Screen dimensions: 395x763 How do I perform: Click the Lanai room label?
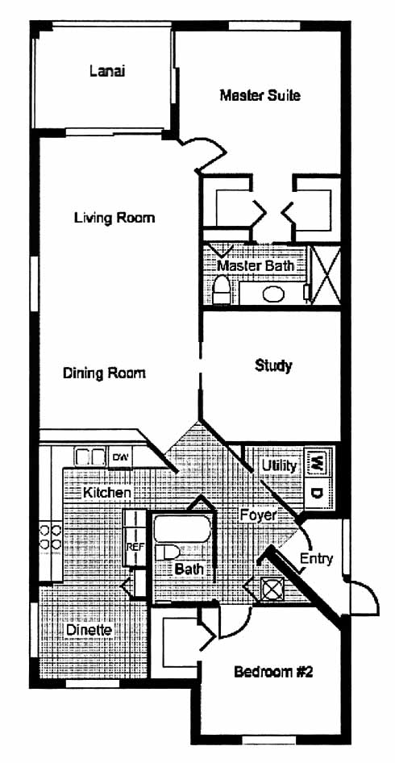[107, 71]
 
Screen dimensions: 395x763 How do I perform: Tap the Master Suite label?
[260, 95]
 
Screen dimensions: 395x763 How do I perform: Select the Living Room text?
[114, 217]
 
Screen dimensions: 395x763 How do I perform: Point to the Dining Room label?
[104, 373]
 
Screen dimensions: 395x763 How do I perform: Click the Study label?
[273, 365]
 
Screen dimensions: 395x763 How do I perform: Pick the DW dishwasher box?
[119, 457]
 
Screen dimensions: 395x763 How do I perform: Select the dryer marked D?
[317, 494]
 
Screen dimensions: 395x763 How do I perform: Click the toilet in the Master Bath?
[222, 290]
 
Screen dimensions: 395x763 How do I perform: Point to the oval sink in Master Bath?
[273, 294]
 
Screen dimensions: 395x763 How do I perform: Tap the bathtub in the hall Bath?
[182, 530]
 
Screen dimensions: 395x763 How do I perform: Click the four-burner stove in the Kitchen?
[50, 536]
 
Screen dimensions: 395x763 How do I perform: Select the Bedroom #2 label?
[273, 673]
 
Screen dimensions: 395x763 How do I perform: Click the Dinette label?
[89, 630]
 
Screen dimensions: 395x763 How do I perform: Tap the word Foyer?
[258, 515]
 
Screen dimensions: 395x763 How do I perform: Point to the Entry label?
[316, 559]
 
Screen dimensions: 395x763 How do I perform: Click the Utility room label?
[279, 465]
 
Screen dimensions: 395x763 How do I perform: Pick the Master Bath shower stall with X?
[325, 275]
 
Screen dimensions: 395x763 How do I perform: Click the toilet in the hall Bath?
[167, 552]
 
